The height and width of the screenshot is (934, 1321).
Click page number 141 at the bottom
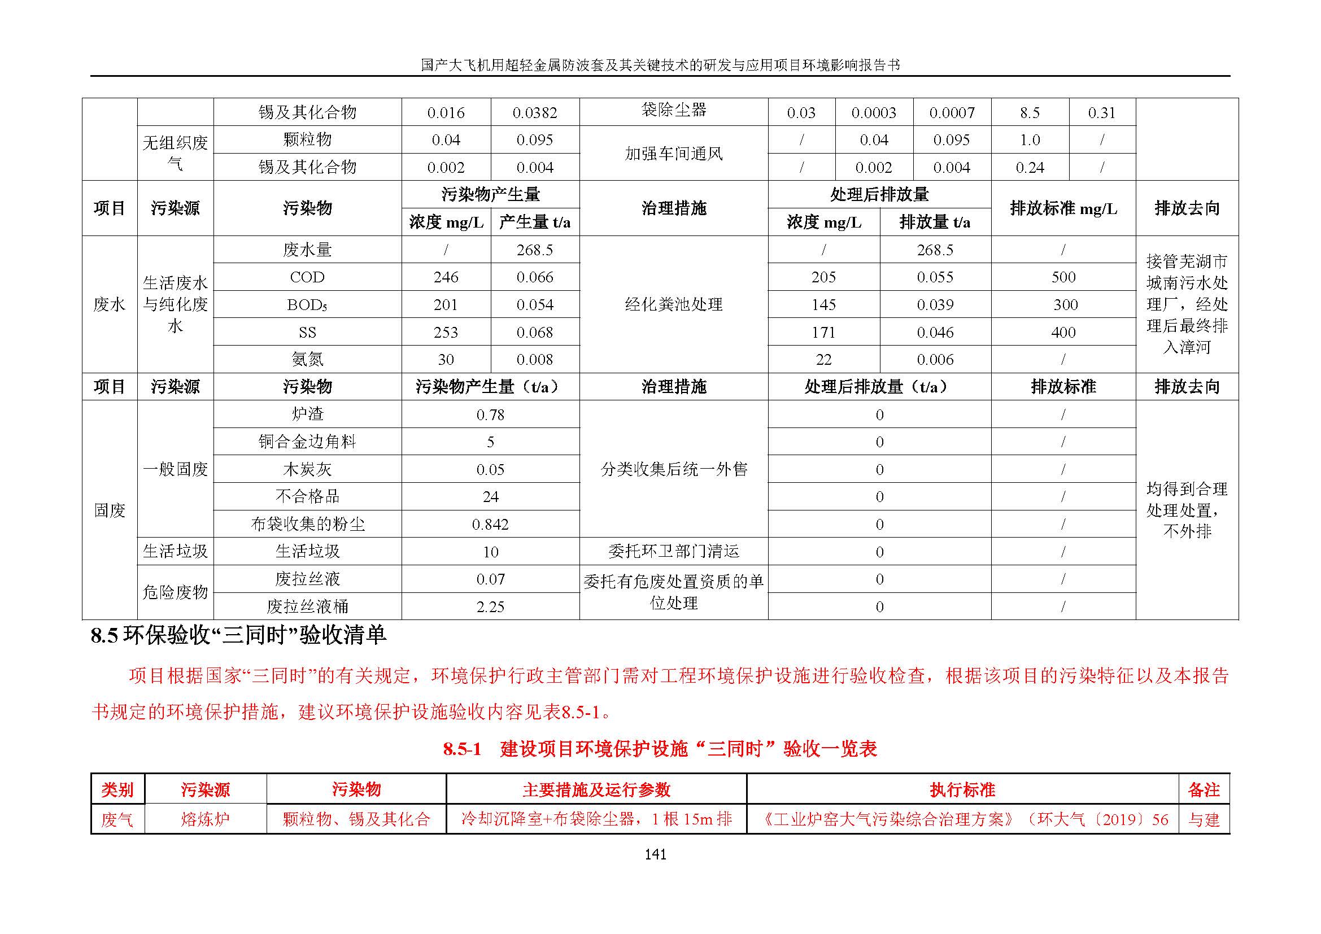655,854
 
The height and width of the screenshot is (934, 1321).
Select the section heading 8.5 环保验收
238,635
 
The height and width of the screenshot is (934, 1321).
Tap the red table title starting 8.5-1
660,749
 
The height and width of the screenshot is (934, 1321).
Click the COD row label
307,277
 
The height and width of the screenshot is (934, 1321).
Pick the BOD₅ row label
307,305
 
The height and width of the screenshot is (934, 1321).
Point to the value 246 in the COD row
446,277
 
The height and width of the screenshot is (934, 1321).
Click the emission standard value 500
1063,277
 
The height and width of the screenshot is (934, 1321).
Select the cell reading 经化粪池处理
674,304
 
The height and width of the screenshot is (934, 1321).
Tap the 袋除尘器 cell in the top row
674,110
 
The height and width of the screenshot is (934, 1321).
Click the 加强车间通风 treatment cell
674,154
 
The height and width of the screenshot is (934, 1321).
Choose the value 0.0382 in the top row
535,113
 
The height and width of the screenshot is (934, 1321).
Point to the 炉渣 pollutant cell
307,414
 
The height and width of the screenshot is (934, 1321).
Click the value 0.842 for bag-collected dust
490,525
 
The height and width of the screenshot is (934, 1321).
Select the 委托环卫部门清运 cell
674,552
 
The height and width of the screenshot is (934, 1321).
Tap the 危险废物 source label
175,592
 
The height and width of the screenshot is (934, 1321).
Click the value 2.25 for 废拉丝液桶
490,606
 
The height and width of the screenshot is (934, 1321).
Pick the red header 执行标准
962,789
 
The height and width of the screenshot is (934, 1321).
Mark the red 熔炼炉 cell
206,819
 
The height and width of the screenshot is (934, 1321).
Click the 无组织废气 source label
175,153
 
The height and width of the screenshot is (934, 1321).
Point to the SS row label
307,333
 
